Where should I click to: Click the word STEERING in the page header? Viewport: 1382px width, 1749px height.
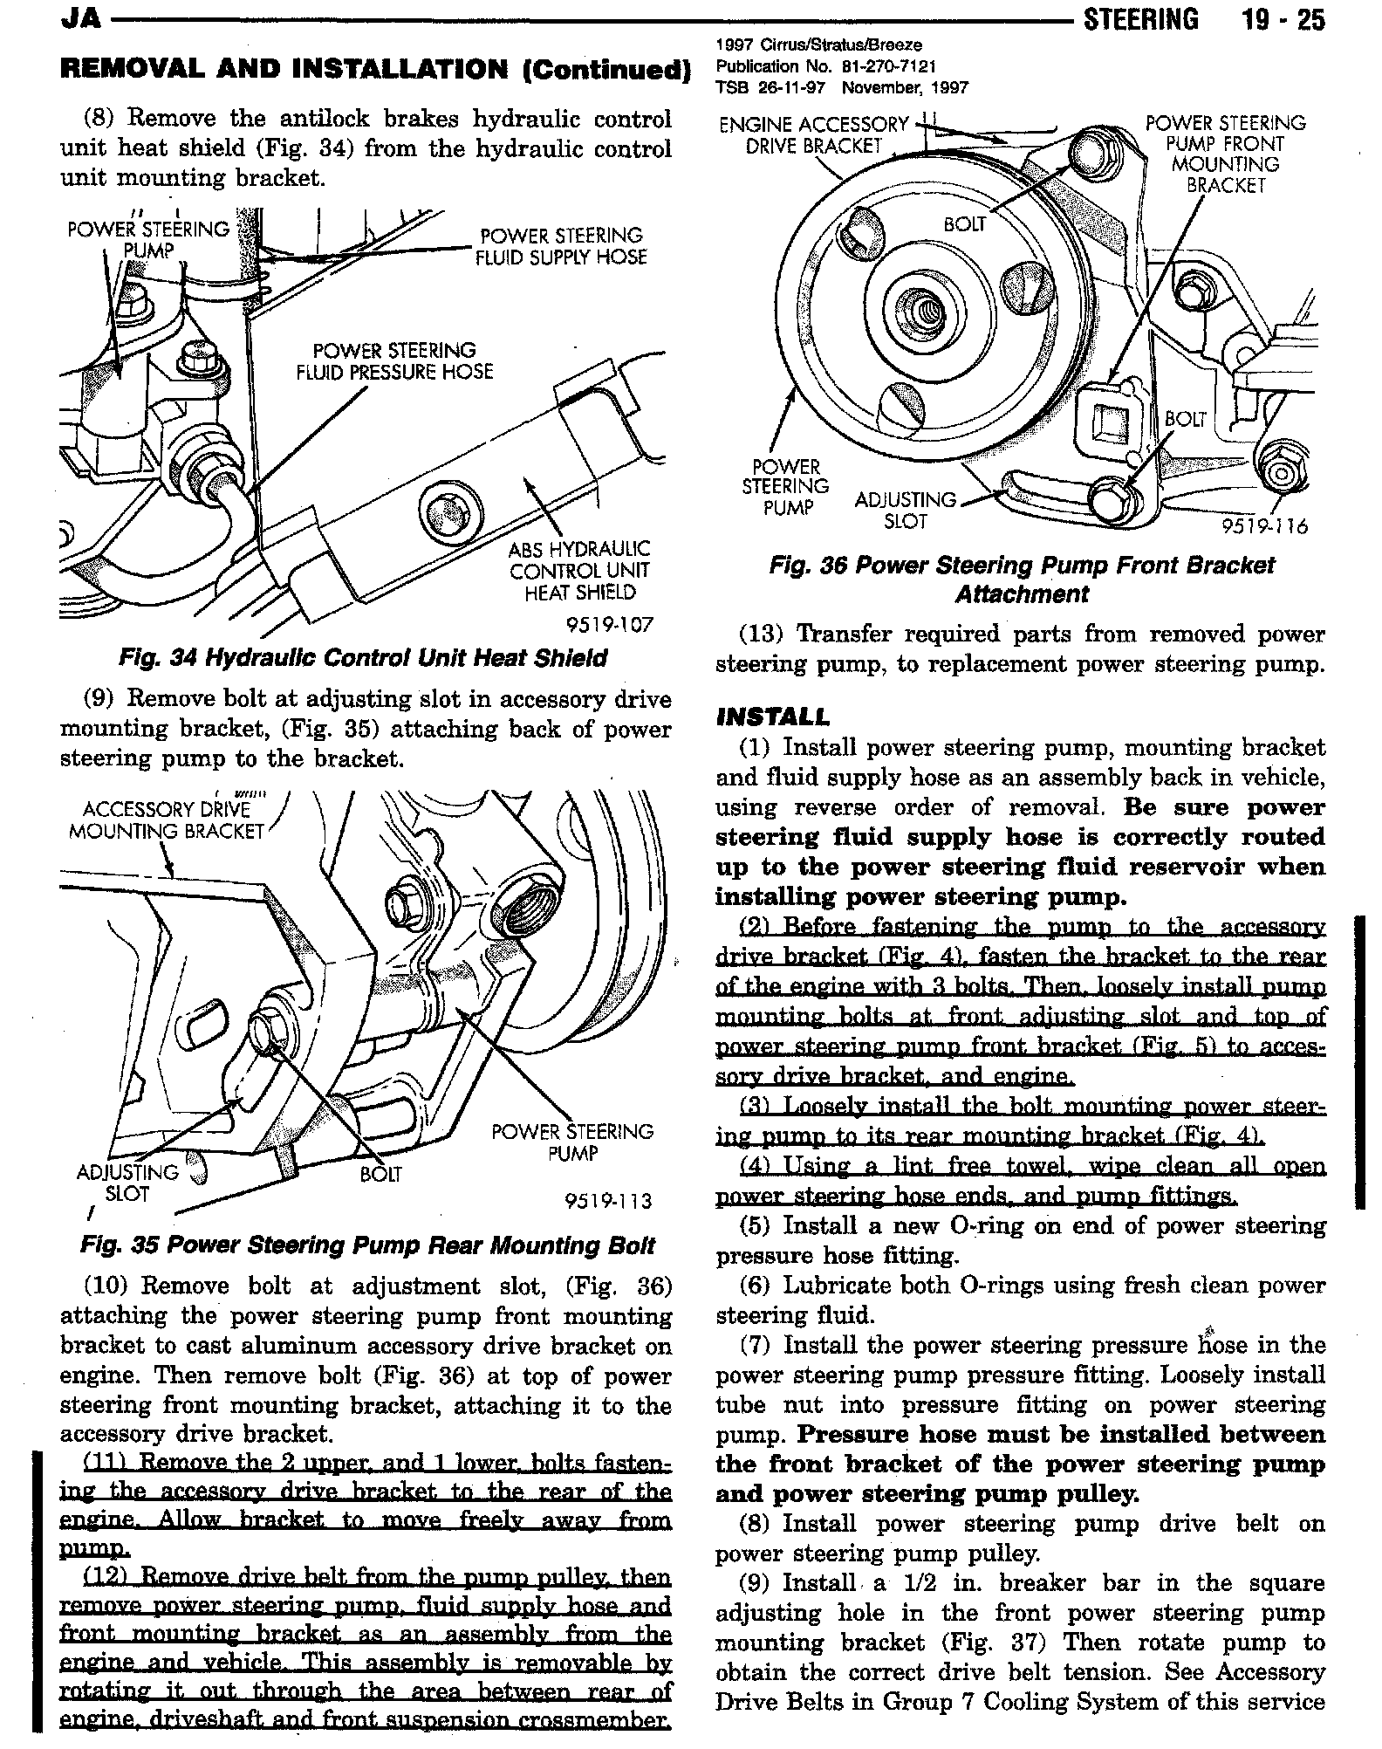click(x=1140, y=19)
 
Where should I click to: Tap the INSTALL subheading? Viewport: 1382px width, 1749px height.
click(x=771, y=717)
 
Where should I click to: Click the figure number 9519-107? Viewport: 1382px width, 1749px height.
click(x=609, y=625)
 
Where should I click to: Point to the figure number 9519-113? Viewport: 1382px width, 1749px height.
click(x=608, y=1202)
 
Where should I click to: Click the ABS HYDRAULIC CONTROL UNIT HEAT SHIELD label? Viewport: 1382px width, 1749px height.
click(x=579, y=571)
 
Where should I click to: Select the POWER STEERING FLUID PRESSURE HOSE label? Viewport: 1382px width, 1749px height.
click(x=394, y=361)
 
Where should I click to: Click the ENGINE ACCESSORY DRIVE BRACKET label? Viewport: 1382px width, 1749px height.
click(x=814, y=135)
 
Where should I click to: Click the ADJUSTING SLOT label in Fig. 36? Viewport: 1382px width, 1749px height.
click(x=905, y=511)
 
